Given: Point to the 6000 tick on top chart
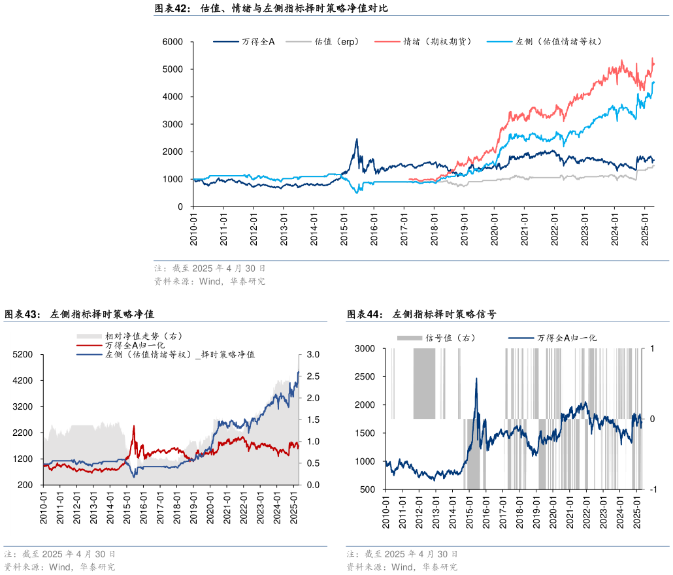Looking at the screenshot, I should click(x=173, y=42).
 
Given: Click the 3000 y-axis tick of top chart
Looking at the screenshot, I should click(x=173, y=124).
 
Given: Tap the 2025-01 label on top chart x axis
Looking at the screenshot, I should click(x=645, y=228).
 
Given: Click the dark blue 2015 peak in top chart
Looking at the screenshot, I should click(x=357, y=139).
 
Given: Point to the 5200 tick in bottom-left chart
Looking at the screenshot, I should click(x=24, y=355).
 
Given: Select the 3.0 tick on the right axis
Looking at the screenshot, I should click(x=312, y=355).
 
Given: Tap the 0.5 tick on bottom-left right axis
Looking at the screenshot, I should click(x=312, y=463).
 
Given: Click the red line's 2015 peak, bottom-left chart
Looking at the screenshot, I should click(x=134, y=426).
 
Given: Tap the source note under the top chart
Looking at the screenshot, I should click(x=210, y=282).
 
